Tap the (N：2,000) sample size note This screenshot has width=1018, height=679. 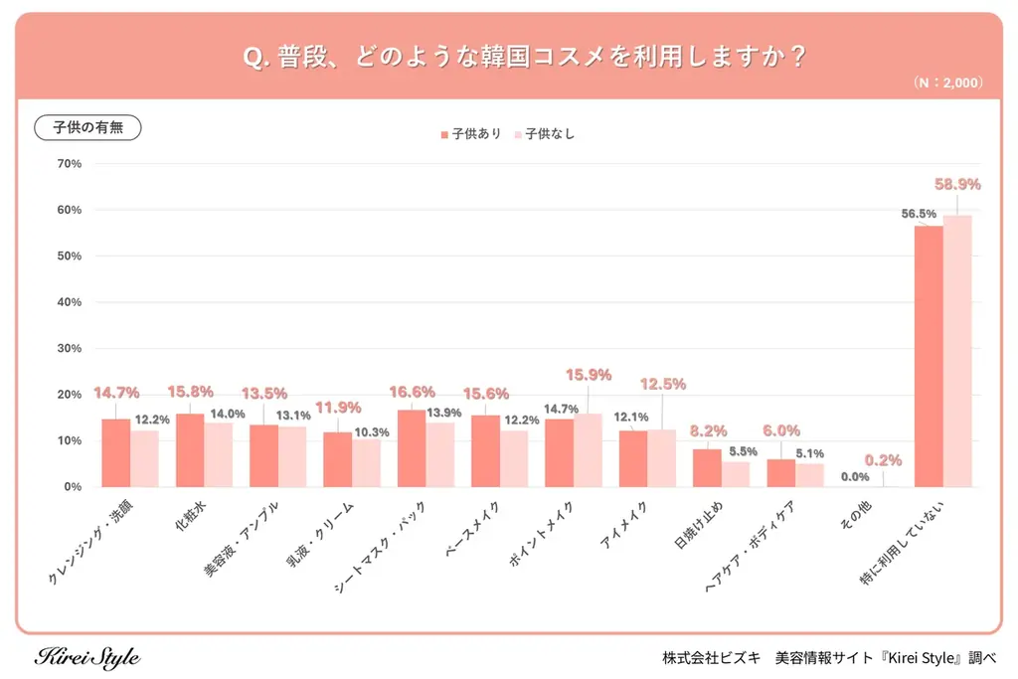click(946, 84)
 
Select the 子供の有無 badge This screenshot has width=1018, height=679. click(88, 128)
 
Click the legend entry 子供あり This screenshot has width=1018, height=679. click(471, 133)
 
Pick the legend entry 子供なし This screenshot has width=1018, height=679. click(545, 133)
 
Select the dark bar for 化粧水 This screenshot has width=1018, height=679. click(190, 450)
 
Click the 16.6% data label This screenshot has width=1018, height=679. click(412, 393)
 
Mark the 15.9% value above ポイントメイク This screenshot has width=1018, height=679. click(588, 375)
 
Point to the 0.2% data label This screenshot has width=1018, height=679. click(883, 460)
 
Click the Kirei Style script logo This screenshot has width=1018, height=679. click(87, 657)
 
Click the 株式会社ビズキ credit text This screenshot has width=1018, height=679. click(712, 658)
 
